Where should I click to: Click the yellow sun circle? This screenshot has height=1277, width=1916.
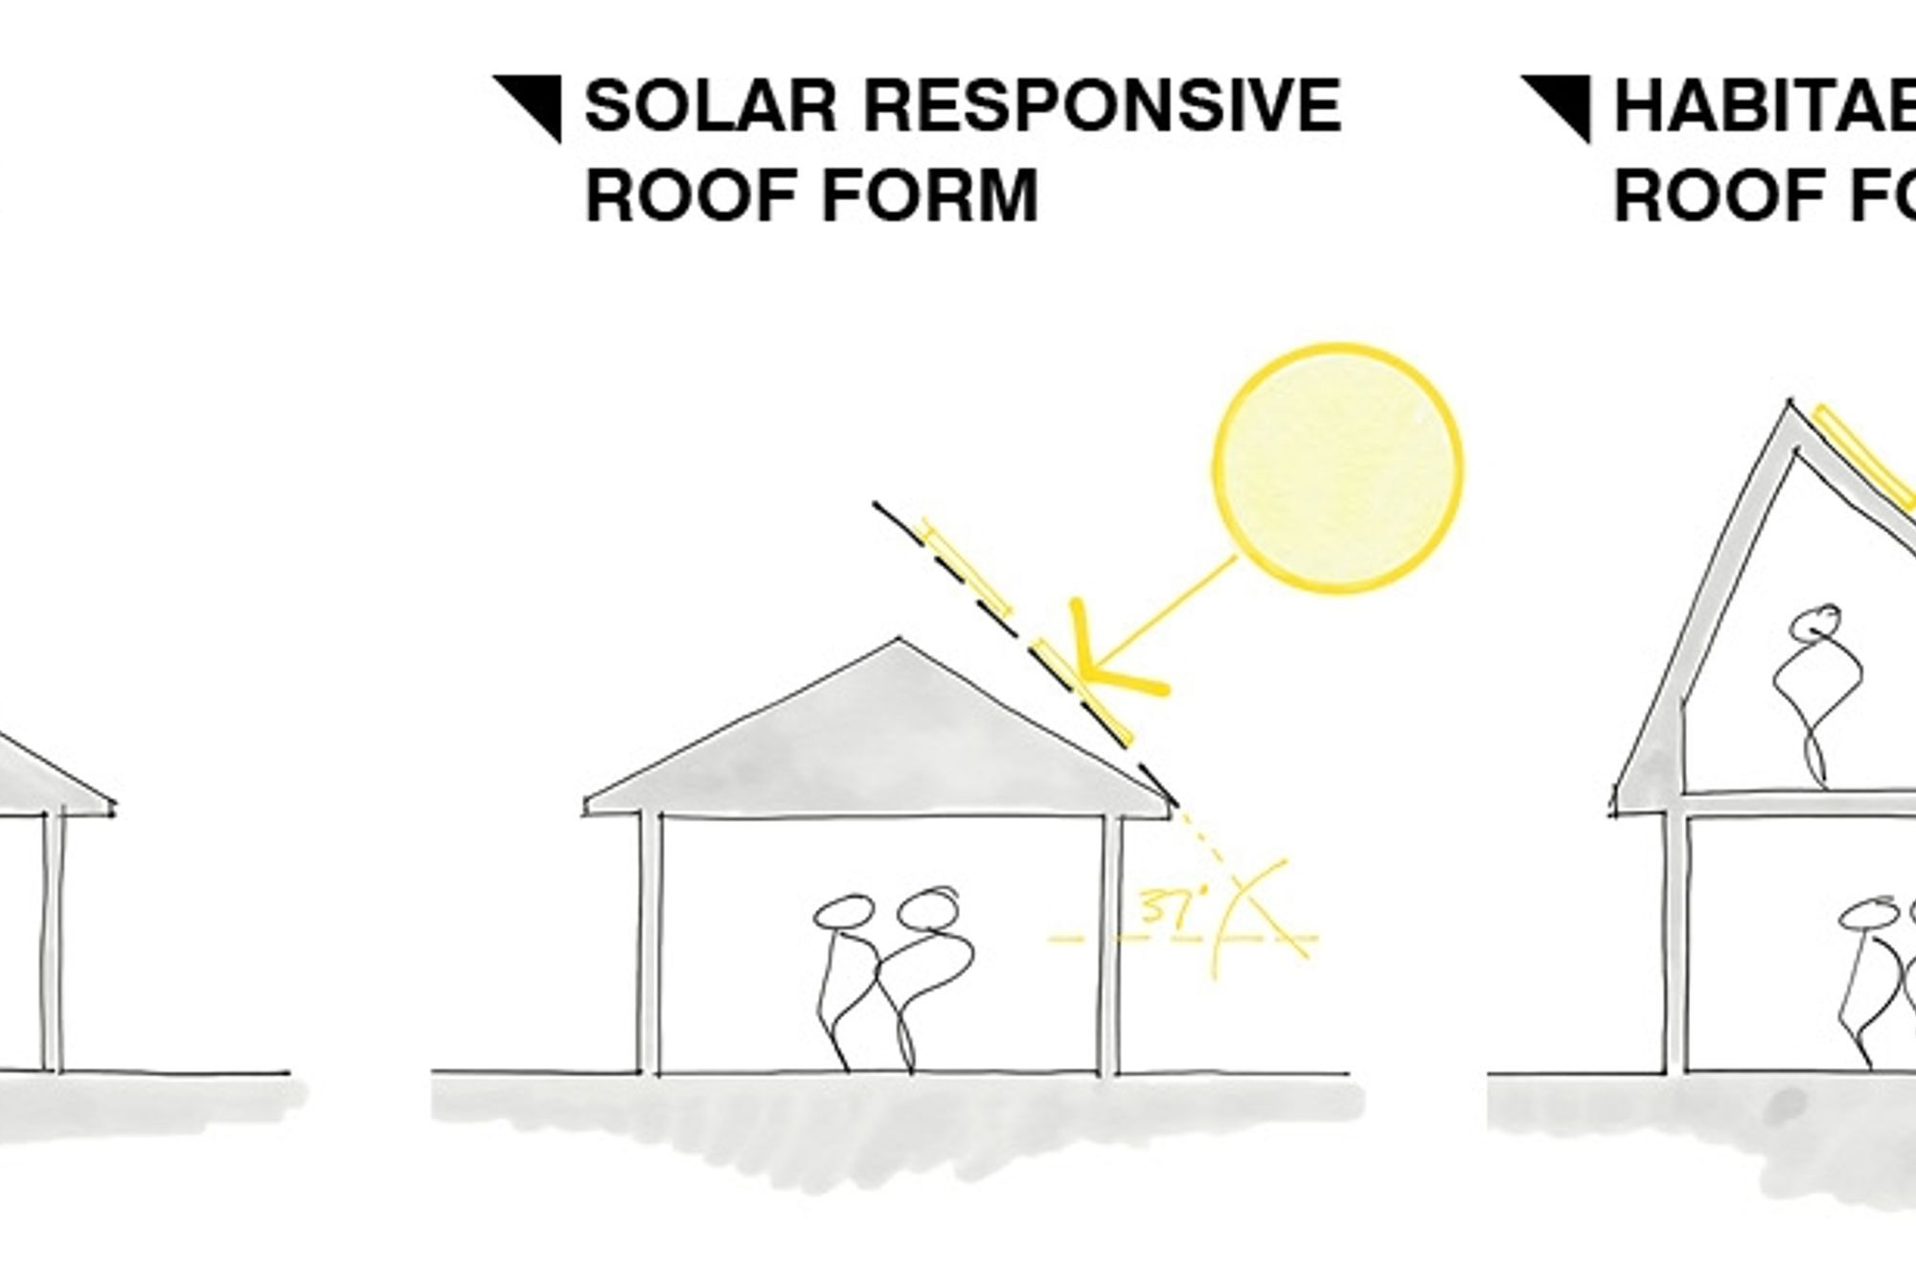pyautogui.click(x=1338, y=467)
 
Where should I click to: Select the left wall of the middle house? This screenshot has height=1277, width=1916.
pyautogui.click(x=649, y=944)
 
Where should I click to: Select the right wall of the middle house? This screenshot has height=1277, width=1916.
pyautogui.click(x=1109, y=944)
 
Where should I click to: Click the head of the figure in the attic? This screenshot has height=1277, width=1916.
pyautogui.click(x=1814, y=624)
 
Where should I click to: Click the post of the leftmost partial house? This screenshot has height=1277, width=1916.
pyautogui.click(x=54, y=944)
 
